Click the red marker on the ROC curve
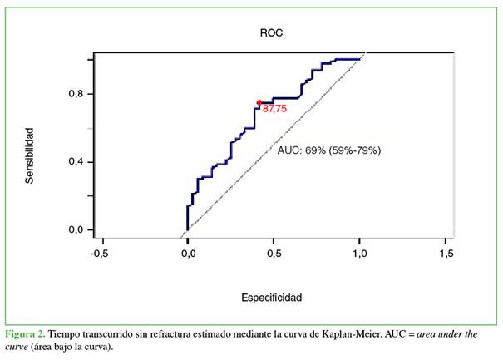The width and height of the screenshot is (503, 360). click(x=259, y=102)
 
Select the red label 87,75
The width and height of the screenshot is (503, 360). click(x=275, y=108)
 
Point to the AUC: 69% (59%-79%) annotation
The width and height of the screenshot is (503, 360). click(x=328, y=151)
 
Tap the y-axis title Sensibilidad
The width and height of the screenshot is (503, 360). click(x=29, y=155)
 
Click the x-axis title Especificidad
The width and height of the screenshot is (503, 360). click(x=271, y=297)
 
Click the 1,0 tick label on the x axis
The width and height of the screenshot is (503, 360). click(x=361, y=253)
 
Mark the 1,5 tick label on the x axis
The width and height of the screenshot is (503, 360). click(x=447, y=253)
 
